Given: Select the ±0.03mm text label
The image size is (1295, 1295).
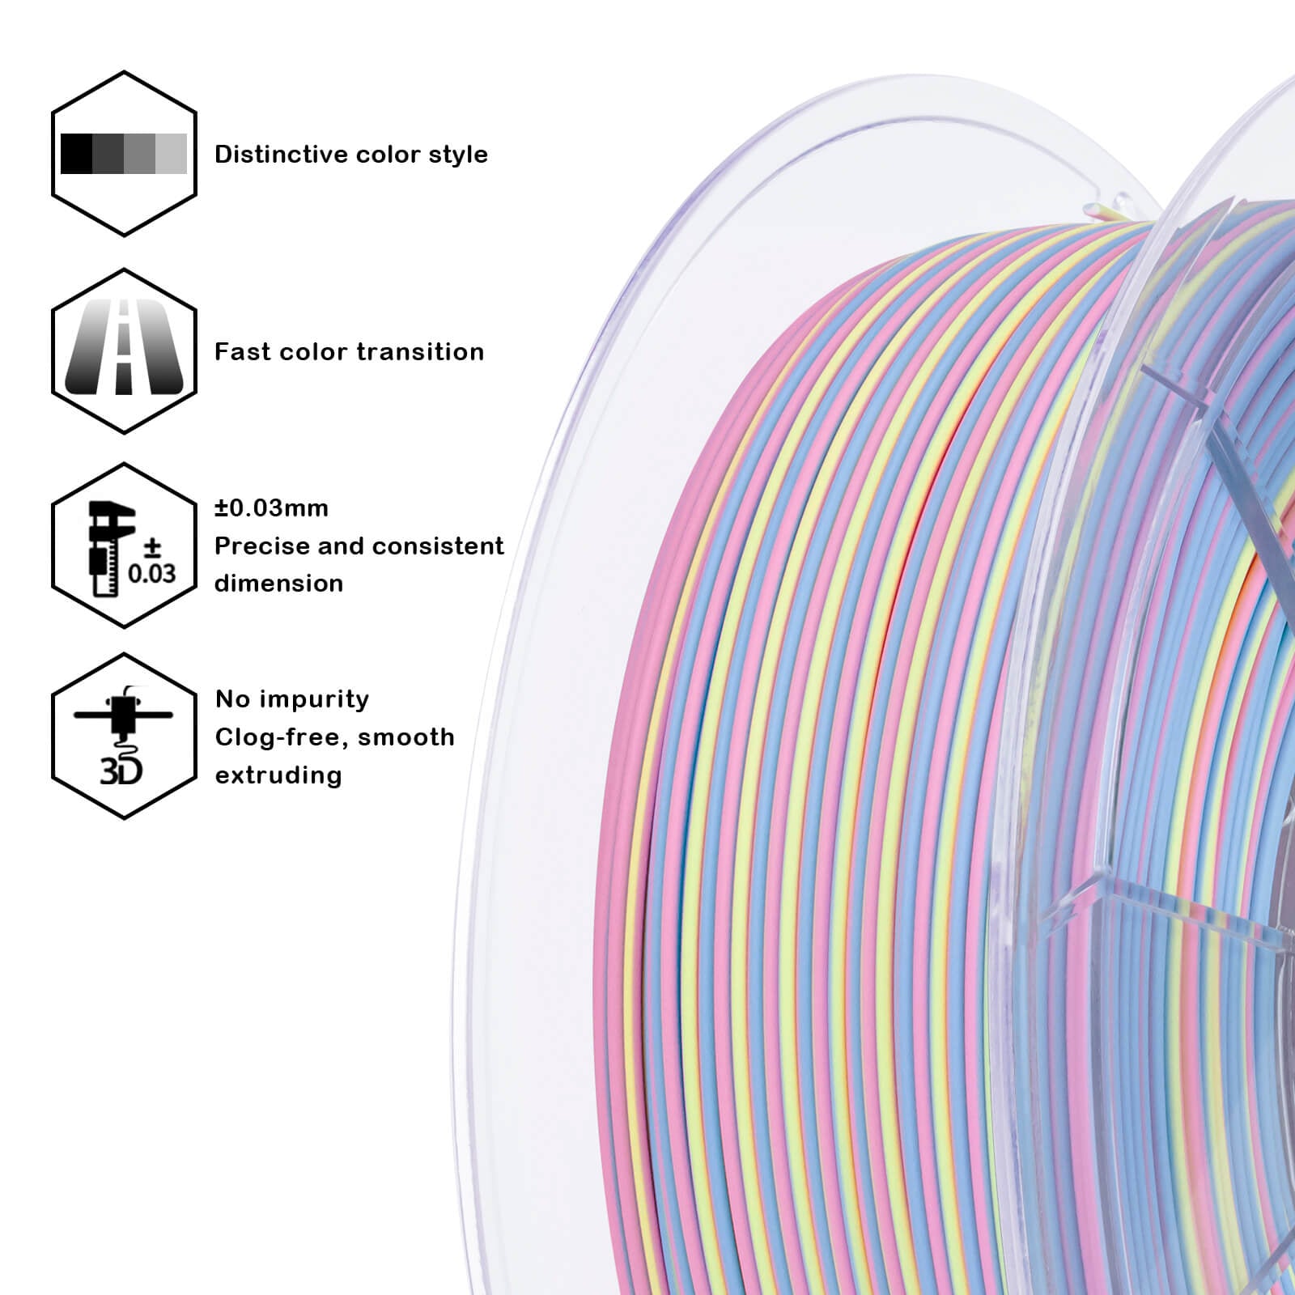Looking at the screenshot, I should tap(271, 508).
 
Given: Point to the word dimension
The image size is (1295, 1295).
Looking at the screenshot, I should tap(278, 584).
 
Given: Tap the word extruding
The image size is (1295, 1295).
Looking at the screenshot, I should tap(278, 775).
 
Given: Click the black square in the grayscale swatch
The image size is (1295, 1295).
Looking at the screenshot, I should tap(77, 154).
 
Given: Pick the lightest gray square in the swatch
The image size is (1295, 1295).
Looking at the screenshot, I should tap(172, 154).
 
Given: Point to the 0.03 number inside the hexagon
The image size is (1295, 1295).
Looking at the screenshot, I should tap(151, 573).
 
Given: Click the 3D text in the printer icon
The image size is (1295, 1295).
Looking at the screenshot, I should tap(121, 771).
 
